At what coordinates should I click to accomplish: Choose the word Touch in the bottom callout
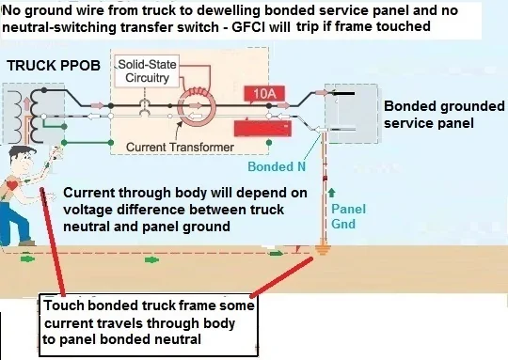[71, 306]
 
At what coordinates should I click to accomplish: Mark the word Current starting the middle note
[91, 193]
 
